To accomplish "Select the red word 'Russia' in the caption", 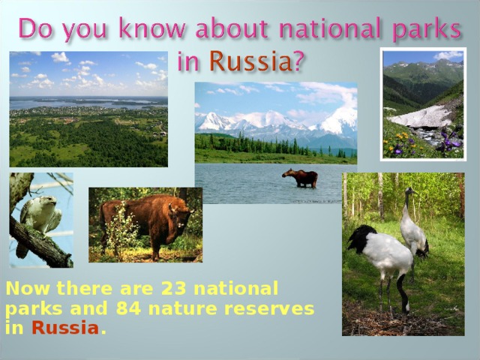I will tap(65, 328).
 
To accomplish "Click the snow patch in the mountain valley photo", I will tap(424, 116).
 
